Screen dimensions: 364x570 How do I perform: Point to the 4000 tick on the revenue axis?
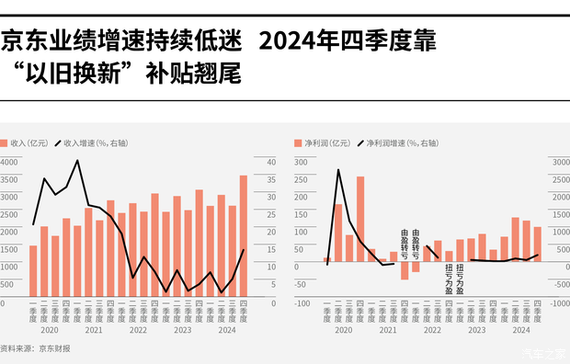(x=9, y=162)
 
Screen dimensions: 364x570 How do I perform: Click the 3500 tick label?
(x=9, y=179)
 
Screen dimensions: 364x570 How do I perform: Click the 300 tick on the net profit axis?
(x=301, y=162)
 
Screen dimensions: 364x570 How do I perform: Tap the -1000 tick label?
(x=558, y=301)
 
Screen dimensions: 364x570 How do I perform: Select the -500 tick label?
(x=558, y=284)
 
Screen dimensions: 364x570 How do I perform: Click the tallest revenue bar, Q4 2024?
(x=244, y=239)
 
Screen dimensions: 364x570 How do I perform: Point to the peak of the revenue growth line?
(x=77, y=161)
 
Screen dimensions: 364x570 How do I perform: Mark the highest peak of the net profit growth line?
(x=338, y=170)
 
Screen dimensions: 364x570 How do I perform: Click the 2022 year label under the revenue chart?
(x=138, y=329)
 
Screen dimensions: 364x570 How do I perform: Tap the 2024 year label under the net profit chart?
(x=520, y=329)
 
